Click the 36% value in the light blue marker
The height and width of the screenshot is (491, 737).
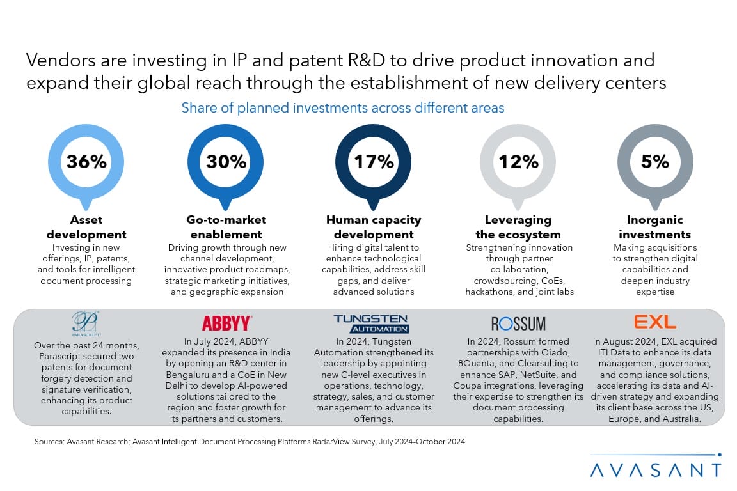pos(86,162)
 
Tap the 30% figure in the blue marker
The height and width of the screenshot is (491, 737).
pos(226,162)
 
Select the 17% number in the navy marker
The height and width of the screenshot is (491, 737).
pos(374,162)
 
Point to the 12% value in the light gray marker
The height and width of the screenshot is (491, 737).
pos(519,162)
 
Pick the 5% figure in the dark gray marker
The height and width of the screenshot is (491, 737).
pos(655,162)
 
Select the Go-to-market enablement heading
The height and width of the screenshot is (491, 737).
pos(226,227)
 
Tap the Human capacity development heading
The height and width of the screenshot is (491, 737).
pos(374,227)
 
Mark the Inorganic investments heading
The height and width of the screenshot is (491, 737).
pos(655,227)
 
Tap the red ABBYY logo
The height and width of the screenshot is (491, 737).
pos(226,323)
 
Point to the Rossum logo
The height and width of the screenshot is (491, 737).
pos(518,323)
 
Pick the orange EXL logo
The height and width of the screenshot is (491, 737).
pos(655,322)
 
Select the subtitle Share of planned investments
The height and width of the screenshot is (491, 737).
pos(343,108)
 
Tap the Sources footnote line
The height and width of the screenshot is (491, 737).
pos(250,441)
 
